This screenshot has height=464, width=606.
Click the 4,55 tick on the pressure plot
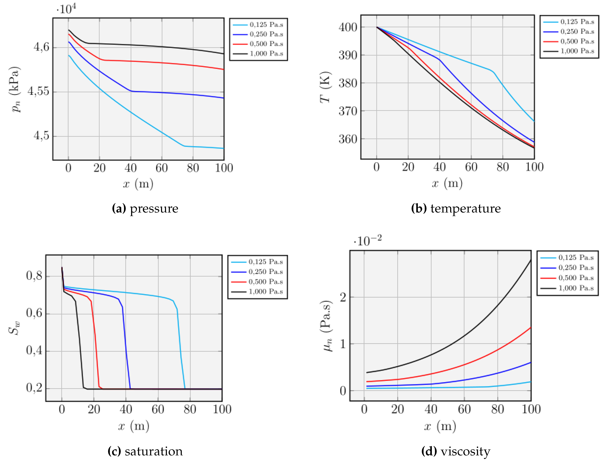click(x=38, y=91)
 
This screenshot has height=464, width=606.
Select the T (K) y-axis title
click(x=325, y=87)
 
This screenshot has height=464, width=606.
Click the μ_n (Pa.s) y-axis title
click(x=327, y=326)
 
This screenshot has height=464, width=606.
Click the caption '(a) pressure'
click(x=145, y=208)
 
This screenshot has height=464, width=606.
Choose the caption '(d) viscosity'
click(x=456, y=451)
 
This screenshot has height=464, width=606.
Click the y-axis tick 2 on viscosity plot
click(x=343, y=298)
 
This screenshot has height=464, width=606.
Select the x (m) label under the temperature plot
click(x=447, y=183)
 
